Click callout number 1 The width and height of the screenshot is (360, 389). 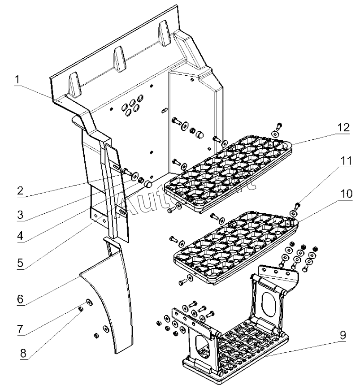[x=17, y=81]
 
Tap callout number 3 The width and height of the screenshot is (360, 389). [x=20, y=215]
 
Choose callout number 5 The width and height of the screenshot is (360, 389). [x=20, y=263]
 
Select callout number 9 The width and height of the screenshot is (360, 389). [x=342, y=334]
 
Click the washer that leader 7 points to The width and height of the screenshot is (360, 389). [x=89, y=302]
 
